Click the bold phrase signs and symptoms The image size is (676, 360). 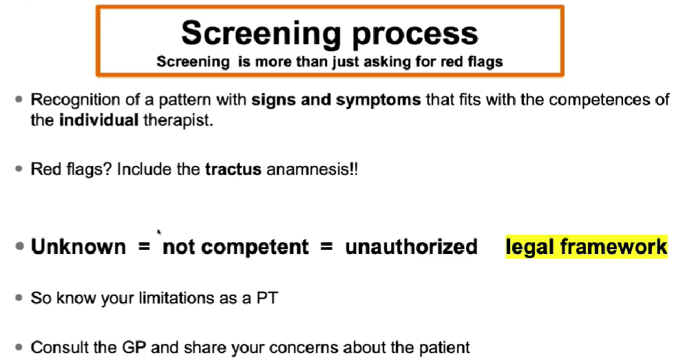click(x=336, y=100)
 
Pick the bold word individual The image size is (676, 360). click(x=98, y=119)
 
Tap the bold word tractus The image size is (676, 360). click(x=233, y=169)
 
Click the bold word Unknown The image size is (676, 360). click(x=78, y=246)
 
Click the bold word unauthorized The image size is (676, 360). click(x=411, y=246)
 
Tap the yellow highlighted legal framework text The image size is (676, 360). click(x=587, y=246)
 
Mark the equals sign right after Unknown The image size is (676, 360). click(x=144, y=247)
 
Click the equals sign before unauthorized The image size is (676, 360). click(x=326, y=247)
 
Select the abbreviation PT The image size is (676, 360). click(x=267, y=298)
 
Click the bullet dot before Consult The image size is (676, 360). click(x=19, y=347)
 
